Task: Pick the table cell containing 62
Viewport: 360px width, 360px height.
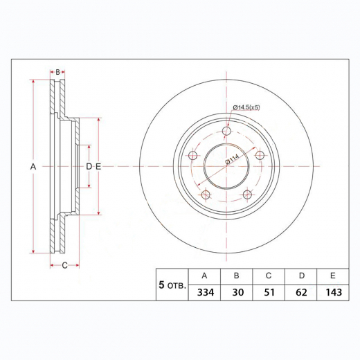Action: click(301, 292)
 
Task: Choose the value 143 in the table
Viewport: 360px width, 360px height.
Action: click(333, 292)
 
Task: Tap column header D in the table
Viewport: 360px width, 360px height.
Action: click(301, 275)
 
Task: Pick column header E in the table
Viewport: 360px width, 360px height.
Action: click(333, 275)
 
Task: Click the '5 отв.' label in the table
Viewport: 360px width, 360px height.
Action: click(172, 285)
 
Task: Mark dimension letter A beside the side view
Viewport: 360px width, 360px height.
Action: click(33, 167)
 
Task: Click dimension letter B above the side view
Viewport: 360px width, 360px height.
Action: click(58, 71)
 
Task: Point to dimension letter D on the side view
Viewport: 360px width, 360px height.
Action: click(89, 167)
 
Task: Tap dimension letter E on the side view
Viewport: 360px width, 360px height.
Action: click(98, 167)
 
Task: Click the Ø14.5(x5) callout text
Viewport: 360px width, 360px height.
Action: click(246, 107)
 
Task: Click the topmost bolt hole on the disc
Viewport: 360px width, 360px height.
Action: click(226, 130)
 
